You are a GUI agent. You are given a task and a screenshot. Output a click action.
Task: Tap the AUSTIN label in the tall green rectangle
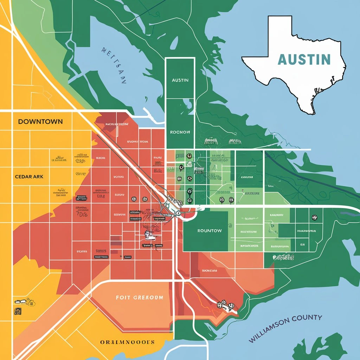(180, 80)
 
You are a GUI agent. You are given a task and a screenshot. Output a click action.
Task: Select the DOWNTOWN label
(40, 122)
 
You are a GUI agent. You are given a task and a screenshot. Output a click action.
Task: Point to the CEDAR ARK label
(29, 176)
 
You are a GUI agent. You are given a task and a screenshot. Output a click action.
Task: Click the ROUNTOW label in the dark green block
(209, 231)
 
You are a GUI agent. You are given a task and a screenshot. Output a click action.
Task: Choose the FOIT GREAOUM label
(139, 297)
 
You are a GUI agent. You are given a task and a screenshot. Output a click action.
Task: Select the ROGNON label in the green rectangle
(180, 133)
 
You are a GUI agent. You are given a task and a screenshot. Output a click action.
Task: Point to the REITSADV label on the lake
(114, 65)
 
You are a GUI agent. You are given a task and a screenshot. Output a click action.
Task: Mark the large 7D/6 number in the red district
(82, 214)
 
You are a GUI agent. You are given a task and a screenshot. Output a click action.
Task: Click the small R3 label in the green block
(302, 244)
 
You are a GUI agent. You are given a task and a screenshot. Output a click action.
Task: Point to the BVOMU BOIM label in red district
(137, 141)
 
